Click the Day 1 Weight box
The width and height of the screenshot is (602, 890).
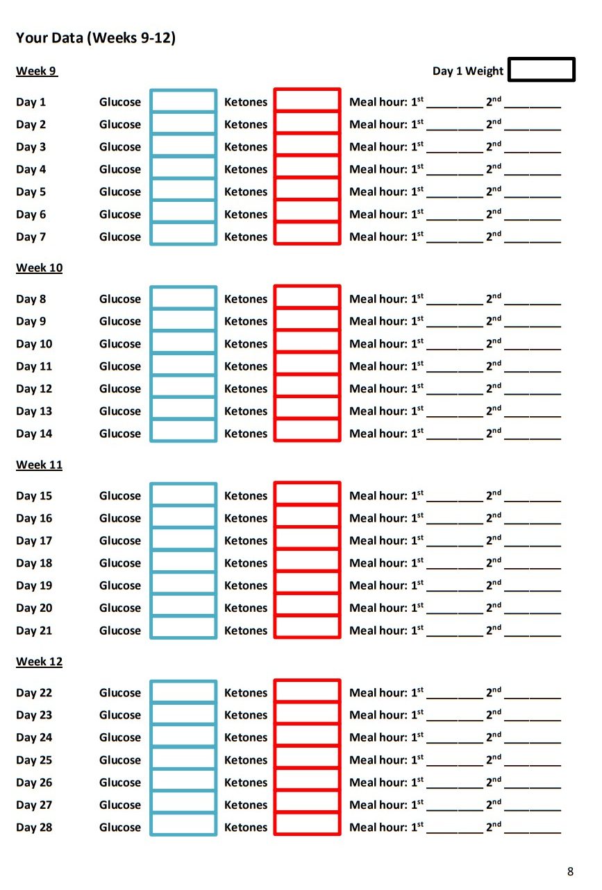[x=542, y=70]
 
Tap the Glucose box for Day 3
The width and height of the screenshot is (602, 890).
[x=183, y=146]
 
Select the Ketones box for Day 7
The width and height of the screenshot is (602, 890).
[x=307, y=236]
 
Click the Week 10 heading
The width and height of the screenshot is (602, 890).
[x=39, y=268]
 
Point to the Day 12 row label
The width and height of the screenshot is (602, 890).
[x=34, y=388]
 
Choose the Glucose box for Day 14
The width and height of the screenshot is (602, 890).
[x=183, y=433]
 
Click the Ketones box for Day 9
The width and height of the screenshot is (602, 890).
[x=307, y=321]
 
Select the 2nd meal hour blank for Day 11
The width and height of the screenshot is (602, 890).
[x=533, y=366]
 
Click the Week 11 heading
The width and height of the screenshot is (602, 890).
[x=39, y=465]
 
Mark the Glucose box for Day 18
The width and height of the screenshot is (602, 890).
[x=183, y=563]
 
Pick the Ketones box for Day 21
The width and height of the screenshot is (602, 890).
[x=307, y=630]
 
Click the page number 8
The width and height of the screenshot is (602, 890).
[x=570, y=872]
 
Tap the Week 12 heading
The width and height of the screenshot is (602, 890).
[x=39, y=662]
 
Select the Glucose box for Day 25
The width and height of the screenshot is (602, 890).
[x=183, y=760]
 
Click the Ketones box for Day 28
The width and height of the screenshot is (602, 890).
[x=307, y=827]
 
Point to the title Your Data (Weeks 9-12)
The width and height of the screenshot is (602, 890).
[x=96, y=38]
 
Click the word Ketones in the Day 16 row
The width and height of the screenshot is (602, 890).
[x=246, y=518]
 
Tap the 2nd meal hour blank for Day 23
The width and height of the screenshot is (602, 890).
[x=533, y=715]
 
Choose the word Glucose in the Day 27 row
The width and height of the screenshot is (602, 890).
[x=120, y=805]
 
